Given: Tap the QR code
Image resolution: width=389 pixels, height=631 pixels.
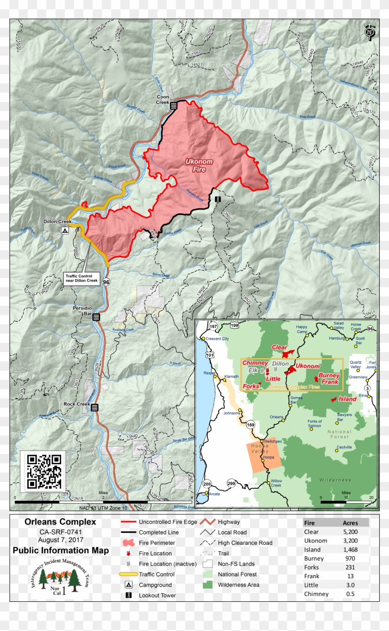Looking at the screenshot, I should [x=44, y=472].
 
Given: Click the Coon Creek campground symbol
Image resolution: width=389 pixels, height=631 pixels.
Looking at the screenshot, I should [x=174, y=106].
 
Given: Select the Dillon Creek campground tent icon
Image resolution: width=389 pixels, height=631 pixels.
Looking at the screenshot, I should [x=65, y=230].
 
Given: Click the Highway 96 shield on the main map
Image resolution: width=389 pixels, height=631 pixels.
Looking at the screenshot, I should [x=106, y=282].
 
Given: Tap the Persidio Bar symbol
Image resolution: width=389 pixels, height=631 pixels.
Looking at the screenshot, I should [x=96, y=317].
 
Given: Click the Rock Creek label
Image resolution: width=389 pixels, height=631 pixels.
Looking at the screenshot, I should [x=76, y=404].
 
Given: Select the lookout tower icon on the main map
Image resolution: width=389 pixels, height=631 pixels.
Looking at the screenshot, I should [x=217, y=199].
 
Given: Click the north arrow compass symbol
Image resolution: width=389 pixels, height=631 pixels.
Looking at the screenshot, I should [x=369, y=32].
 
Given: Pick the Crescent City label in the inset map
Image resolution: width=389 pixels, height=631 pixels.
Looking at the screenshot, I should [x=217, y=339].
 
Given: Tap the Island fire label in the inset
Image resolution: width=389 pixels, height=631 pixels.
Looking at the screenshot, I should [x=347, y=399].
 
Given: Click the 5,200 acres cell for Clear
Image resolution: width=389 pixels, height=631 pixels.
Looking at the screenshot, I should [x=350, y=532].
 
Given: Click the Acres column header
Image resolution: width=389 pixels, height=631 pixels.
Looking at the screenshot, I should [x=350, y=523].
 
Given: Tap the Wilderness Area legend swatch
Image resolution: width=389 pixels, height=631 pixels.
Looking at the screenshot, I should [x=210, y=585].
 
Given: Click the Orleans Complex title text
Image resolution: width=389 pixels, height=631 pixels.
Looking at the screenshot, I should [x=60, y=522].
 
